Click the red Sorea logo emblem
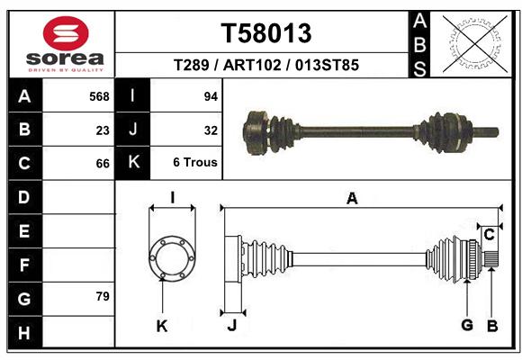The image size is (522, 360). coord(66,33)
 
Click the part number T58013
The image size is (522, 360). coord(266,33)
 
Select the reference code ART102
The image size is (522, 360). coord(252,65)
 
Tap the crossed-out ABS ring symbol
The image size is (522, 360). coord(475,44)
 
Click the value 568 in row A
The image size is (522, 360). coord(99,96)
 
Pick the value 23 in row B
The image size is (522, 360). coord(103,130)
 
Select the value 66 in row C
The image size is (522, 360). coord(103,164)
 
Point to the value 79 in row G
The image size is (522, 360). coord(103,296)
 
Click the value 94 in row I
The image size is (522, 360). coord(211,96)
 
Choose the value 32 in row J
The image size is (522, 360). coord(211,130)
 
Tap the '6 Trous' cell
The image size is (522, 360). coord(195,162)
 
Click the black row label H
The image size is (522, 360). coord(25,332)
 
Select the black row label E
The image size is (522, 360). coord(25,230)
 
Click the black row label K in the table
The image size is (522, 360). coord(133,162)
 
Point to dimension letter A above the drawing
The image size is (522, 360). coord(352,199)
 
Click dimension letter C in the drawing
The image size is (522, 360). coord(489,235)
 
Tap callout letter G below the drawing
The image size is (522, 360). coord(467,325)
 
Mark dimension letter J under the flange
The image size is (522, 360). coord(232,325)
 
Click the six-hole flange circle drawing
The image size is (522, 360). coord(172,258)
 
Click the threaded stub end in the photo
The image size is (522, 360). coord(486,132)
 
